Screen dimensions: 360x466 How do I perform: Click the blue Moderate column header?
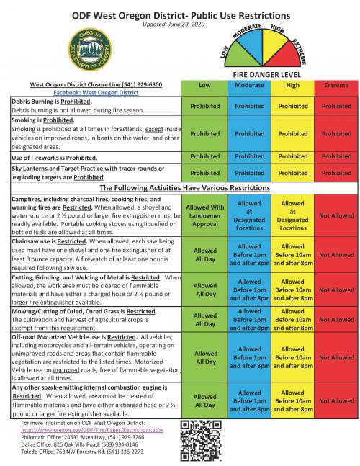pos(248,85)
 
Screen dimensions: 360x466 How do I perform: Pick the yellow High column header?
pos(292,85)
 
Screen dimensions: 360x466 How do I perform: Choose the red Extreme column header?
pos(336,85)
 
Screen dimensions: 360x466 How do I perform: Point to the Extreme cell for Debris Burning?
pos(336,106)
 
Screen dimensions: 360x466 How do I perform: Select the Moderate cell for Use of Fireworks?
pos(248,156)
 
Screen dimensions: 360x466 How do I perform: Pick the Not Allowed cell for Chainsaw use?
pos(336,254)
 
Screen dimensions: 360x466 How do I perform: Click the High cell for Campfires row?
pos(292,215)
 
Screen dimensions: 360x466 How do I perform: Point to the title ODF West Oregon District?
pos(180,14)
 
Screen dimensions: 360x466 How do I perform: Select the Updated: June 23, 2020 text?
pos(180,24)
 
